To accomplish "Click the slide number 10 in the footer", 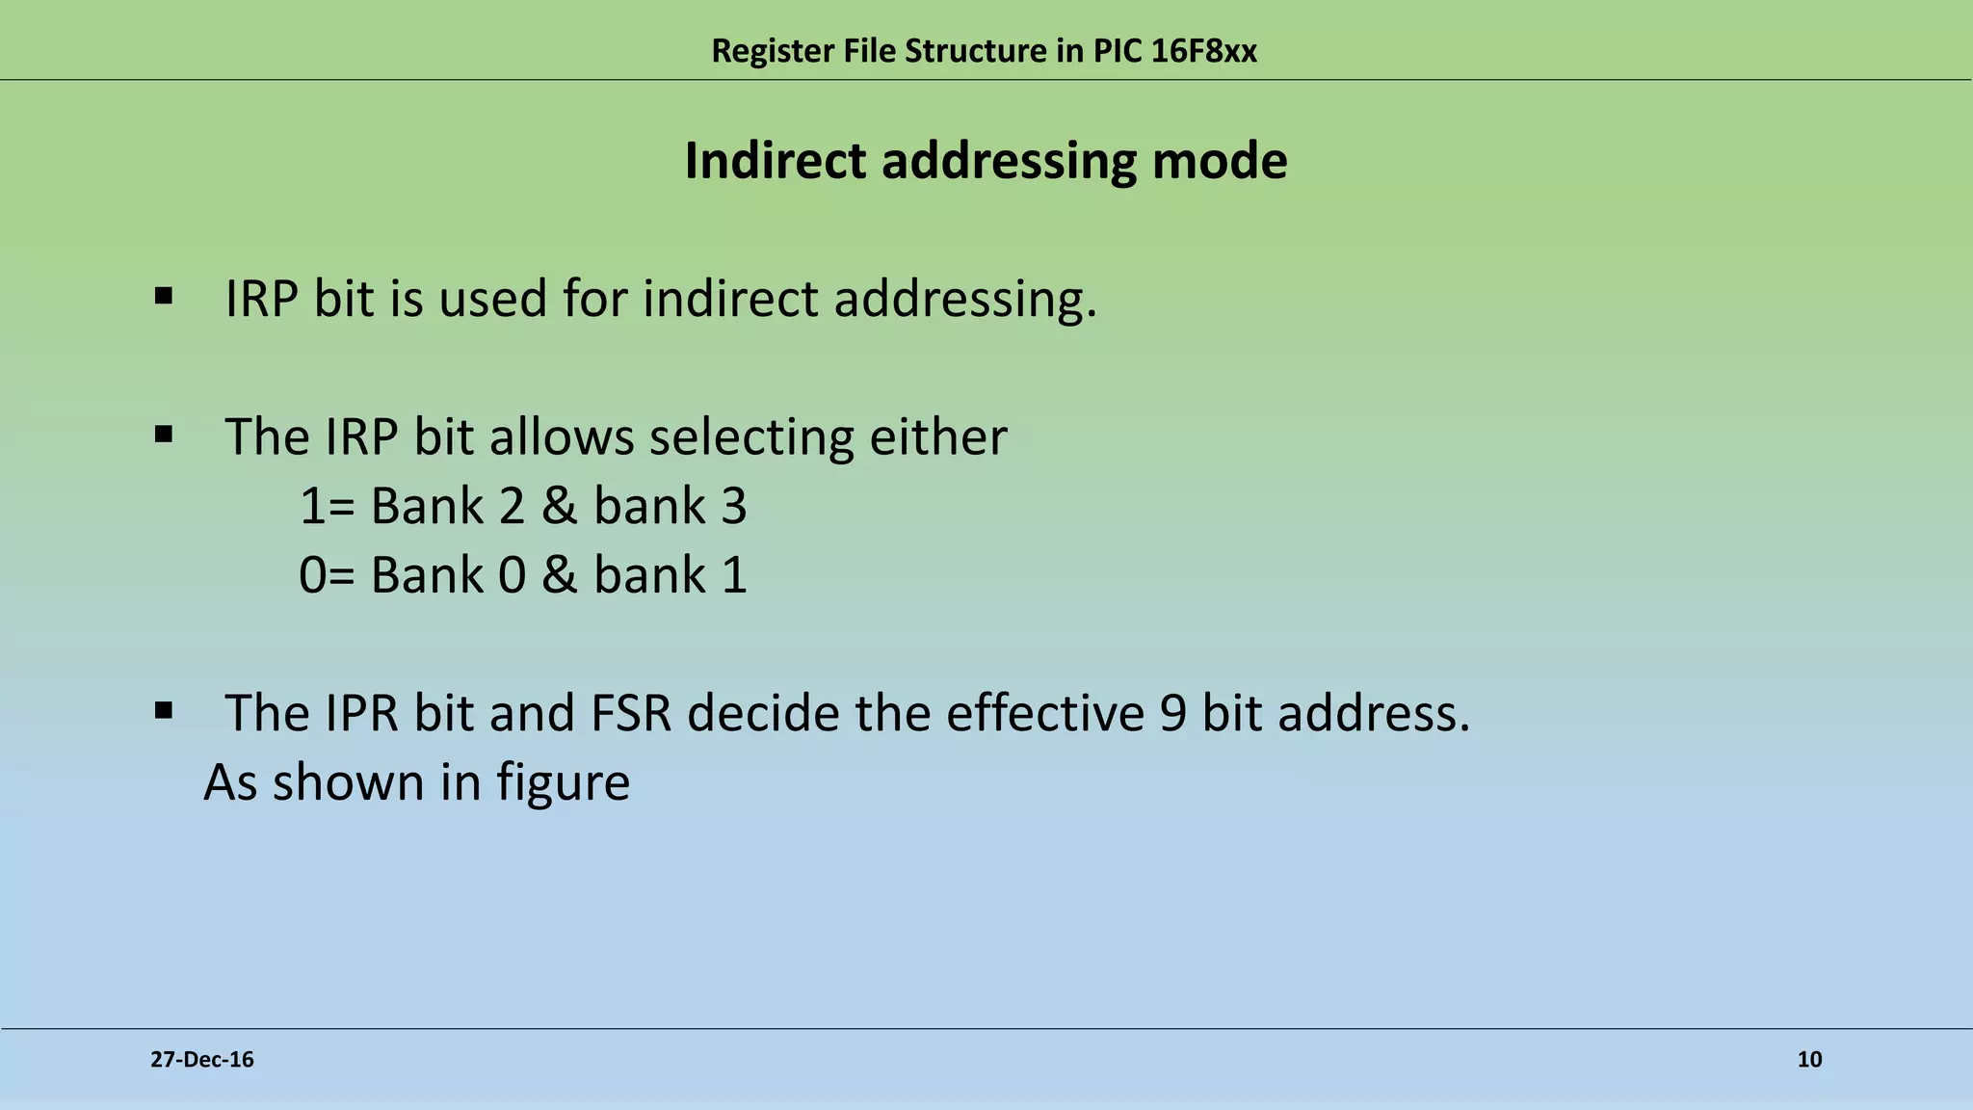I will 1809,1060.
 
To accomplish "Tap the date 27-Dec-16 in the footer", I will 202,1060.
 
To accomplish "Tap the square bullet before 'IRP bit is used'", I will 163,296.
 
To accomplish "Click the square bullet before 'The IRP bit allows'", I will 163,435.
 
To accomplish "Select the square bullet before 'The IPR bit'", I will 163,712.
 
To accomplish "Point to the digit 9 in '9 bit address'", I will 1172,714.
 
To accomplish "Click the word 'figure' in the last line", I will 564,783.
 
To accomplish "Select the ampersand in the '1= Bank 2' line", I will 559,507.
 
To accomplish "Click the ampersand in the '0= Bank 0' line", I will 559,576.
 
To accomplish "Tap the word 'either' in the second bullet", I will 937,437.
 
